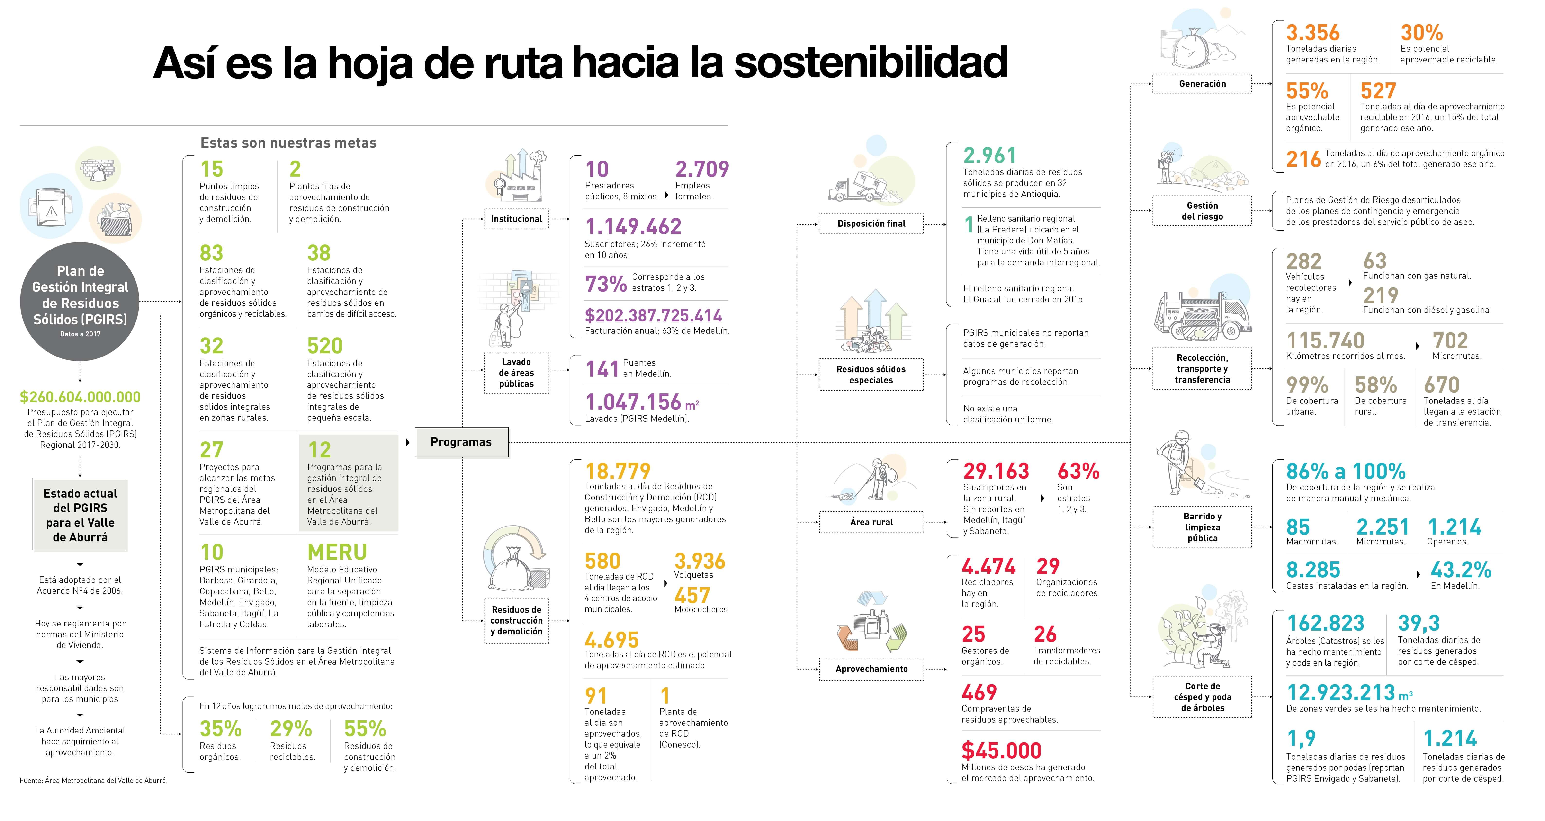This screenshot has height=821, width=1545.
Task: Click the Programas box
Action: pyautogui.click(x=461, y=442)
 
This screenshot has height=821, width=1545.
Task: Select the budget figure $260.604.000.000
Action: pyautogui.click(x=80, y=397)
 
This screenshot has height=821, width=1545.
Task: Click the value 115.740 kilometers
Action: pyautogui.click(x=1326, y=341)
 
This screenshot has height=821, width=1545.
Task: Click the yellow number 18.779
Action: pyautogui.click(x=618, y=471)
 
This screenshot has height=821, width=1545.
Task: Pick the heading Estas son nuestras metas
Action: pyautogui.click(x=288, y=143)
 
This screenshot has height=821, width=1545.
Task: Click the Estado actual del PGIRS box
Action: pyautogui.click(x=80, y=515)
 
